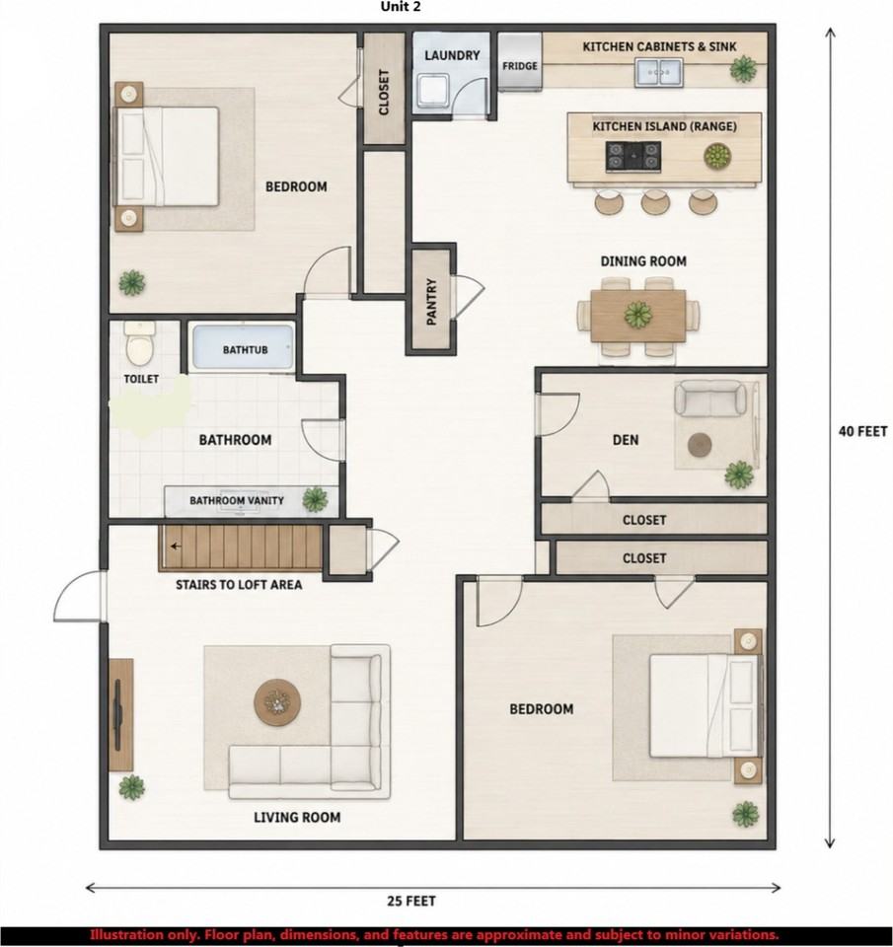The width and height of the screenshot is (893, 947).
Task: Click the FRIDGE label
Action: click(x=520, y=66)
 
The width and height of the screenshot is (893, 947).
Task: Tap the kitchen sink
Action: click(x=658, y=72)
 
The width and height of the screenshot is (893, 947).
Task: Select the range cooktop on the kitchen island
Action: click(x=633, y=156)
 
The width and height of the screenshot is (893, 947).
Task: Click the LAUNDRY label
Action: click(x=452, y=55)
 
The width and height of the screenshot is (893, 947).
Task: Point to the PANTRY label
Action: click(x=431, y=302)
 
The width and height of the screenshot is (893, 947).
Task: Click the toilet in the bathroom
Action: click(x=139, y=343)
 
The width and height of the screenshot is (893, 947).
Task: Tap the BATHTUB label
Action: click(x=245, y=349)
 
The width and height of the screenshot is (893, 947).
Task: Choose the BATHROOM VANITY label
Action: click(x=237, y=501)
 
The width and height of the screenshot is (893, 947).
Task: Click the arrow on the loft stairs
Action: click(x=176, y=546)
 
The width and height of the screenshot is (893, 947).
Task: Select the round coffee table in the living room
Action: click(x=277, y=702)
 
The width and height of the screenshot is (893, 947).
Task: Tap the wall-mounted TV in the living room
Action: click(x=118, y=714)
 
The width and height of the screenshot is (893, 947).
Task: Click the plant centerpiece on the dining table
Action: click(x=638, y=316)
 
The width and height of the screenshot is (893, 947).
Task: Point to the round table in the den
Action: click(x=700, y=446)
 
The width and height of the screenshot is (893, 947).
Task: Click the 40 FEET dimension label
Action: click(x=862, y=431)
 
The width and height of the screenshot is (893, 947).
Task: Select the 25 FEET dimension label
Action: click(x=411, y=901)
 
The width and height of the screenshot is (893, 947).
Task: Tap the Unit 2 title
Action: click(x=401, y=7)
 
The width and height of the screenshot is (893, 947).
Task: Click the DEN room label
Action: click(x=626, y=440)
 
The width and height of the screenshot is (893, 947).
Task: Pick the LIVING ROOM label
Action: click(x=297, y=817)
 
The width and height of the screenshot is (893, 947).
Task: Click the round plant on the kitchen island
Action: click(x=717, y=156)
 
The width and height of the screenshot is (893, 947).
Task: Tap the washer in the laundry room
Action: click(x=433, y=91)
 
